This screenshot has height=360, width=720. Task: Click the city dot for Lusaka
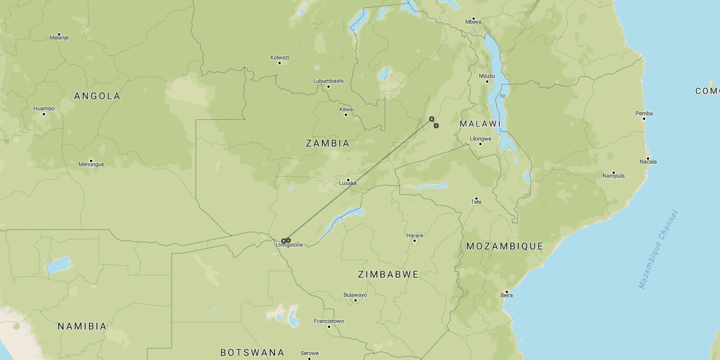click(348, 180)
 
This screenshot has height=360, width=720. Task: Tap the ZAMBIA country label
click(327, 143)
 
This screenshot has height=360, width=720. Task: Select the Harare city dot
click(415, 241)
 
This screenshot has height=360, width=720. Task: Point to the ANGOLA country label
click(97, 96)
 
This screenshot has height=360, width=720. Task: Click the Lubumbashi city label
click(328, 80)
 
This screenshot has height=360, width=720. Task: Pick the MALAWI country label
click(480, 124)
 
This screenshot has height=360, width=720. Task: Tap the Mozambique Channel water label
click(659, 249)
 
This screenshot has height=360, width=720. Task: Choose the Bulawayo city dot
click(355, 300)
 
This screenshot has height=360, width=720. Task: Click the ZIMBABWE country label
click(388, 274)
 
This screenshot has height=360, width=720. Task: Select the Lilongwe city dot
click(480, 144)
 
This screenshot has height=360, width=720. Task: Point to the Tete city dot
click(476, 199)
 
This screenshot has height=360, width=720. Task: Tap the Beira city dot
click(507, 292)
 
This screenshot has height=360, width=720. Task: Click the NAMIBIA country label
click(82, 326)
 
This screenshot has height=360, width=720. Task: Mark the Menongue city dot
click(91, 161)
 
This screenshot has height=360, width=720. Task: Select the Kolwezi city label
click(280, 57)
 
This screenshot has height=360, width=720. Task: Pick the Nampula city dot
click(613, 173)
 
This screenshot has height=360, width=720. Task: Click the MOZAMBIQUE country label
click(505, 246)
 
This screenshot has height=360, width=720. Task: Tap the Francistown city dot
click(329, 327)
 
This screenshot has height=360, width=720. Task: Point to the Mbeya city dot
click(473, 19)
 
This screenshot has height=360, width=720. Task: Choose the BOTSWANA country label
click(252, 353)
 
